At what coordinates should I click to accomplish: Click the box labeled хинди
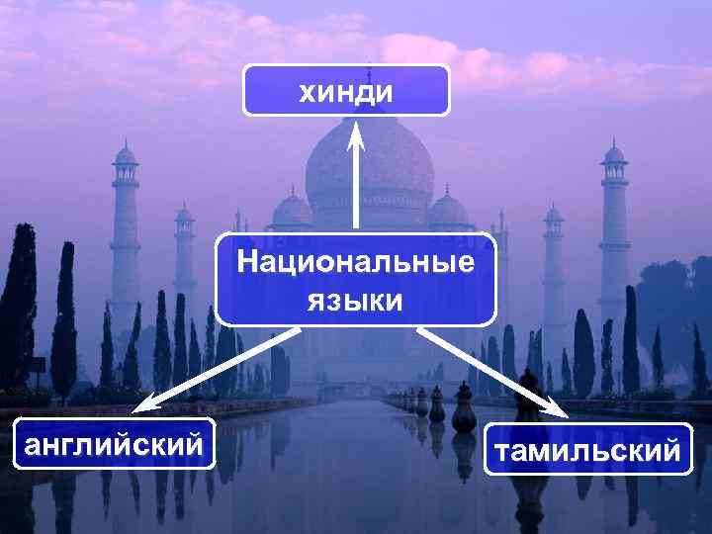[346, 91]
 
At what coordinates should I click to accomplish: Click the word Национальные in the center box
[355, 265]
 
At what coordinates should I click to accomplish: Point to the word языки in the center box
[354, 300]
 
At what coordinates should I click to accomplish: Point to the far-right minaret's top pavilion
[614, 155]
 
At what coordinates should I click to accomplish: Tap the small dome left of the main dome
[293, 210]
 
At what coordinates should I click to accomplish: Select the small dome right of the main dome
[448, 210]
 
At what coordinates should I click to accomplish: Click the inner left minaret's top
[185, 215]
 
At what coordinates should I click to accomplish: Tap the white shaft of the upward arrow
[356, 188]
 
